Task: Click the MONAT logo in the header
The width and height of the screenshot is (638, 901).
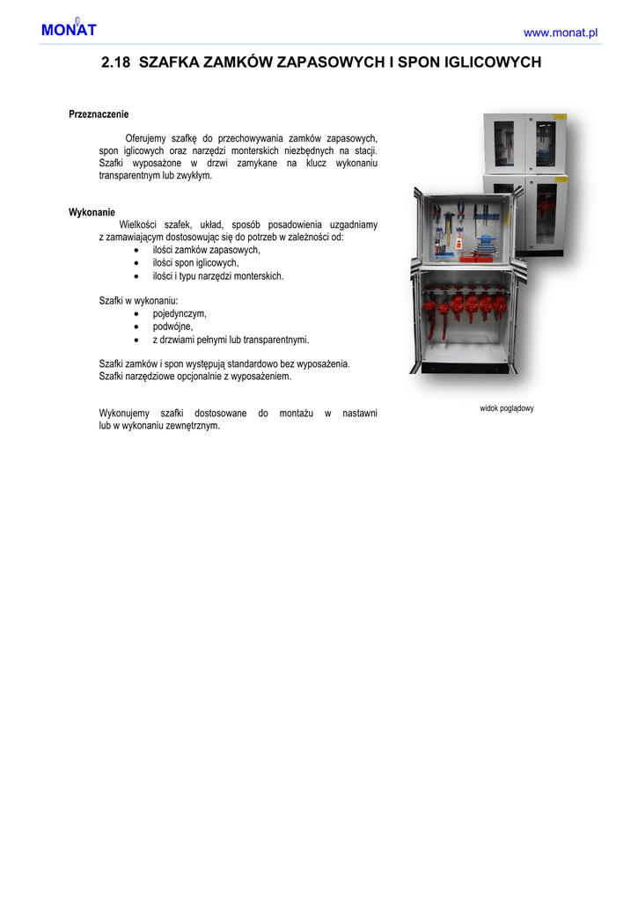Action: click(67, 30)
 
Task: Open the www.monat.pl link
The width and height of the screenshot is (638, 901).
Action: click(561, 33)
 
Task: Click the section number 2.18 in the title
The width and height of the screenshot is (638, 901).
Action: click(116, 63)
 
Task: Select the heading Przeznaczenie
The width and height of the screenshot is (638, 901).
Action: click(99, 114)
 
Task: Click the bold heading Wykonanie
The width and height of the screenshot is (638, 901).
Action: click(92, 212)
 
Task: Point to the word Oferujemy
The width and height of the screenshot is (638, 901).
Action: click(147, 139)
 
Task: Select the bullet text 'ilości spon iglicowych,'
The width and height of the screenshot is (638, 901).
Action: click(195, 263)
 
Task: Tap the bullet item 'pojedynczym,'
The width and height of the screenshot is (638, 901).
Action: click(180, 313)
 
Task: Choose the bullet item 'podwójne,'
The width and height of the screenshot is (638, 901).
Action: click(172, 326)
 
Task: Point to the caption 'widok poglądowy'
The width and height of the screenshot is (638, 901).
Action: click(507, 408)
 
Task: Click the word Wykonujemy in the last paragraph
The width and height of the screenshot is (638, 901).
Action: click(124, 414)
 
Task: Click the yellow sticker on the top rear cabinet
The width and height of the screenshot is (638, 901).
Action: click(558, 116)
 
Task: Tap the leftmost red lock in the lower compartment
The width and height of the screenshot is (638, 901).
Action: click(429, 304)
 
